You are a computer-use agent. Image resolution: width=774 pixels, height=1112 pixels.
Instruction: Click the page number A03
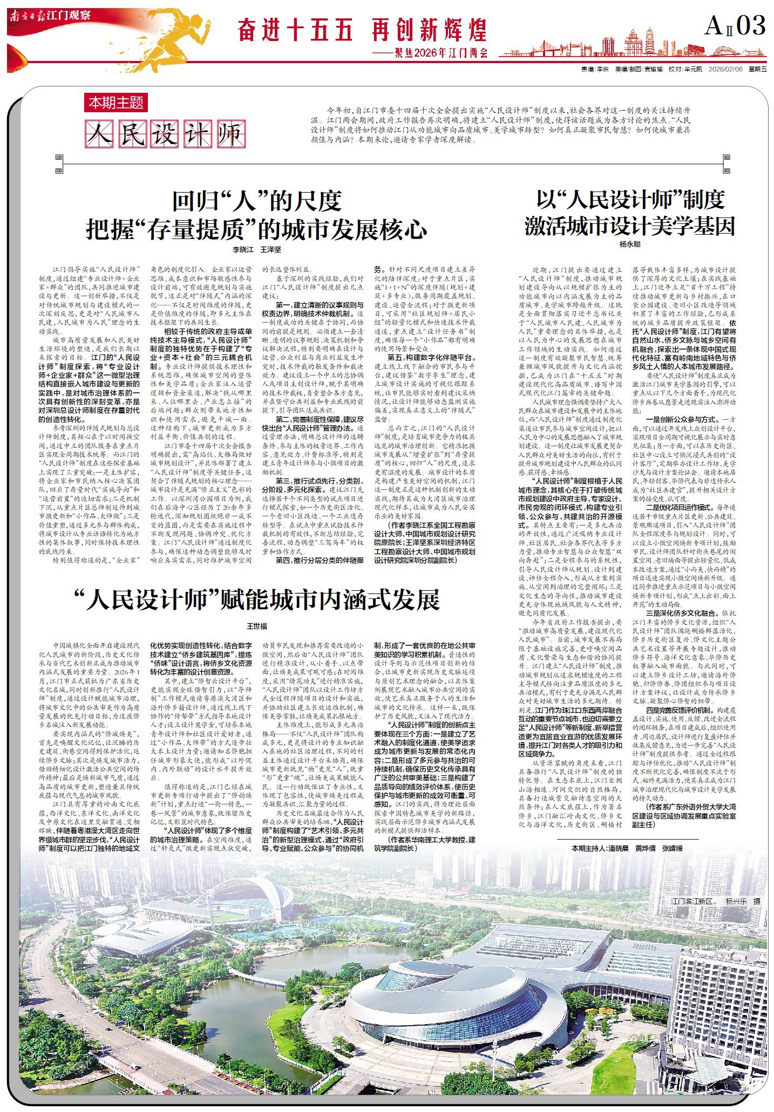(x=735, y=26)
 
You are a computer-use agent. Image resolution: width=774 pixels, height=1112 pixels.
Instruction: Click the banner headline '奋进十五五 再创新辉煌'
(x=362, y=30)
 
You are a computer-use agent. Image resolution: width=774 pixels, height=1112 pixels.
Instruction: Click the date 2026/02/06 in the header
(x=725, y=70)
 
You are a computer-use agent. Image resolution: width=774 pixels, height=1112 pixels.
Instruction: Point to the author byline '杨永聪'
(x=630, y=244)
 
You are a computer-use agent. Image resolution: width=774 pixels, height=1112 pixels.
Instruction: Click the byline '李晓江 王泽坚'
(x=256, y=250)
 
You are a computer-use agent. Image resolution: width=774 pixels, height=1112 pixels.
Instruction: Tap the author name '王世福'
(x=256, y=626)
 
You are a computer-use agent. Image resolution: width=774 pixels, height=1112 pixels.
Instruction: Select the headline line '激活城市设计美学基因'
(x=630, y=226)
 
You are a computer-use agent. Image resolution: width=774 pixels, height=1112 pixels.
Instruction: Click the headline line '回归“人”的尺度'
(x=256, y=201)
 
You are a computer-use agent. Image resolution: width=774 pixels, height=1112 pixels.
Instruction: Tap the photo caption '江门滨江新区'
(x=693, y=902)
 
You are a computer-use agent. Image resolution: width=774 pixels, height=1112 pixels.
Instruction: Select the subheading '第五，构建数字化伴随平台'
(x=432, y=357)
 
